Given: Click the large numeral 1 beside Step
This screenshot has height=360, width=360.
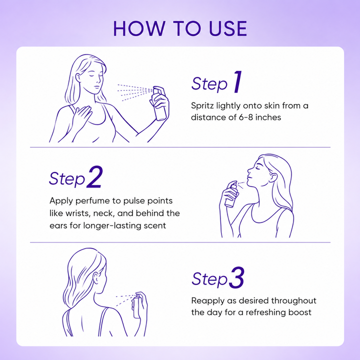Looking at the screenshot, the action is (x=238, y=81).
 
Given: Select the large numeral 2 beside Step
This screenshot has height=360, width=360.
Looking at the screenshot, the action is (x=94, y=177).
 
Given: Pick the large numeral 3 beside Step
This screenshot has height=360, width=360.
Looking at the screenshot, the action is (x=236, y=277).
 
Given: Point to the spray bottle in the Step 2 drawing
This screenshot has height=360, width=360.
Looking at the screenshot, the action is (x=231, y=194).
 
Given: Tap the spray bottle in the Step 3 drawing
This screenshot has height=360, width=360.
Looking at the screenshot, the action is (x=137, y=305).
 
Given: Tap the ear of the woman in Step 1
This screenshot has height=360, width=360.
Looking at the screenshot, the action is (x=78, y=77).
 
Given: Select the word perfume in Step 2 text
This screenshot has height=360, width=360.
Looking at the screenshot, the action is (x=92, y=201).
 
